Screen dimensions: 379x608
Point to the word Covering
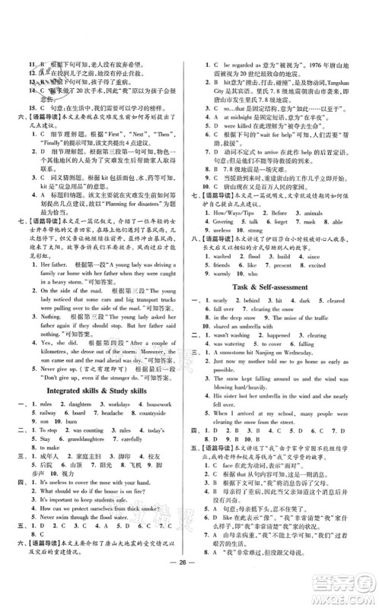click(x=222, y=245)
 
